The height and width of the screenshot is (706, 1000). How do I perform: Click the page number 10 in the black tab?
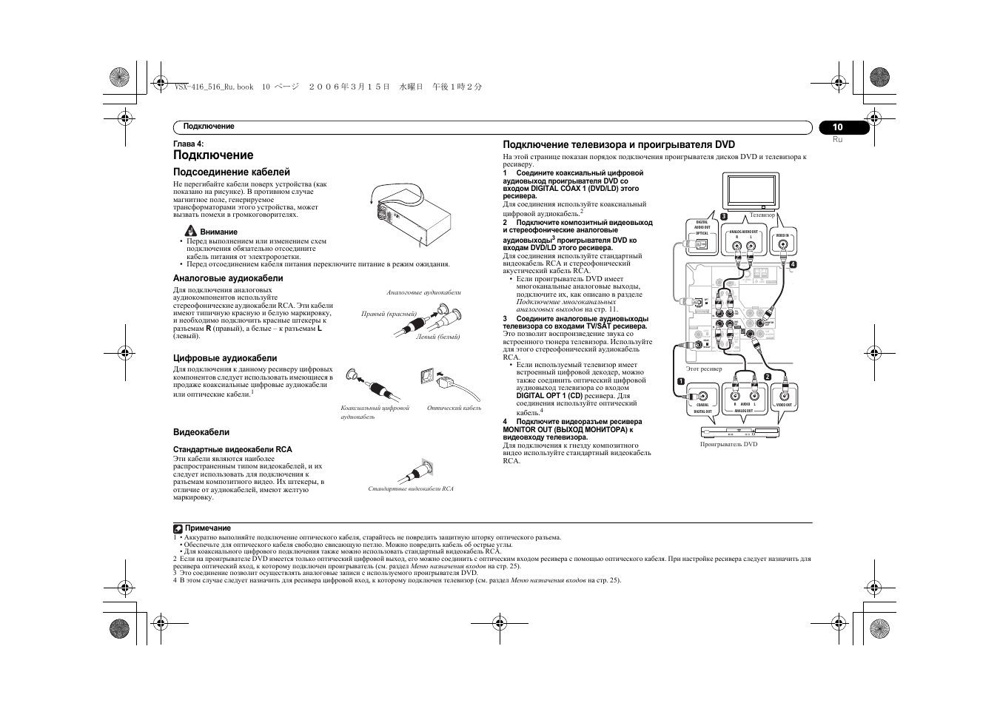pos(837,127)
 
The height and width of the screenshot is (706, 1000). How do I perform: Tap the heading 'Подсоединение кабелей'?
pos(231,172)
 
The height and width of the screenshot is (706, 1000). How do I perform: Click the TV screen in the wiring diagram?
pos(751,191)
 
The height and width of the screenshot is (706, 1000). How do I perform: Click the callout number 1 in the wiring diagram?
pos(680,381)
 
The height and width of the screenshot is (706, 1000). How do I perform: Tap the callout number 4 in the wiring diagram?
pos(792,265)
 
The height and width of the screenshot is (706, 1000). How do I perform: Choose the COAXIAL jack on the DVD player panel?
pos(702,394)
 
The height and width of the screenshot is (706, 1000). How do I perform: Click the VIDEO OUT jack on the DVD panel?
pos(784,394)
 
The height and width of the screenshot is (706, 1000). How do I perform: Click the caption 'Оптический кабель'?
pos(454,408)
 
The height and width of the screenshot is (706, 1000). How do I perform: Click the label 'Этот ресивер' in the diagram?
pos(703,368)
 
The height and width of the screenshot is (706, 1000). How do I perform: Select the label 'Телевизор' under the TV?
pos(762,215)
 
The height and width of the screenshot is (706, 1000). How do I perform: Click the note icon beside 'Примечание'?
pos(178,528)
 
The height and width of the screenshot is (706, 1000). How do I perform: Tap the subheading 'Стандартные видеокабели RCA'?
pos(232,449)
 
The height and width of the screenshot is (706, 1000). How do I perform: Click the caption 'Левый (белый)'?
pos(438,337)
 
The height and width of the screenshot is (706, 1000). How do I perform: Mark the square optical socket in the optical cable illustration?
pos(427,374)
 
